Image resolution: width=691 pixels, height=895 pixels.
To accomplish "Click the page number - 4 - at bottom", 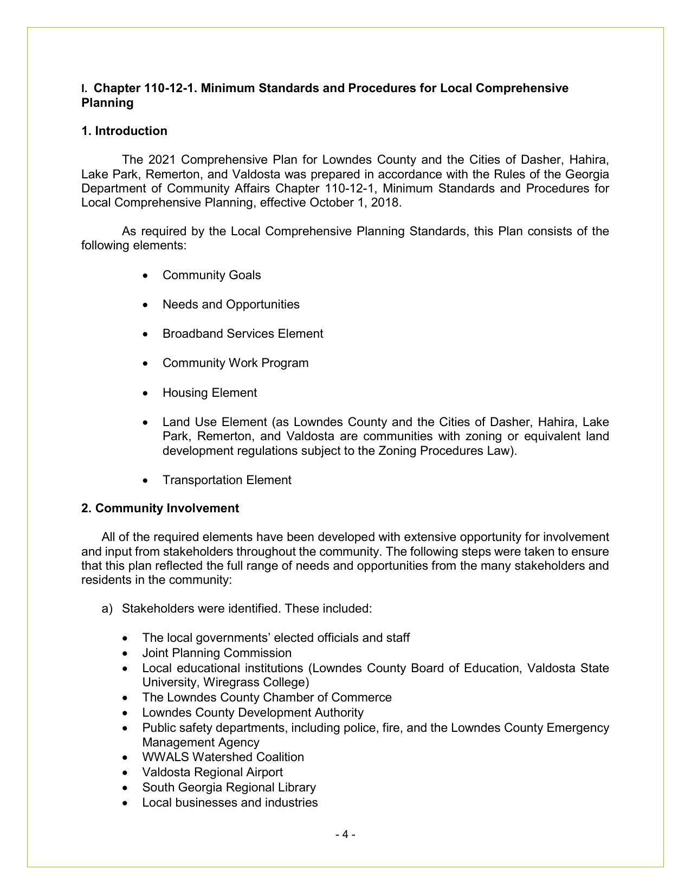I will click(x=345, y=834).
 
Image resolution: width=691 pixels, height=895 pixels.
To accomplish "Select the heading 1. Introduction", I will click(x=124, y=131).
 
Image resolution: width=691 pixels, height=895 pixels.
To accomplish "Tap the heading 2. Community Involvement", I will click(x=160, y=508).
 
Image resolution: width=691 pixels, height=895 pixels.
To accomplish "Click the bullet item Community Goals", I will click(x=211, y=275).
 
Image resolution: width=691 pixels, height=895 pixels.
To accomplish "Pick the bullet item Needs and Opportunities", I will click(x=231, y=305).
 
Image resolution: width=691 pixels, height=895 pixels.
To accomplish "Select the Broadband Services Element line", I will click(x=243, y=334).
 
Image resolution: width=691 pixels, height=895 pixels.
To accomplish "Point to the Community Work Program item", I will click(x=235, y=363).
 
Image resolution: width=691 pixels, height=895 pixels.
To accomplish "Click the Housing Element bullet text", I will click(x=209, y=393).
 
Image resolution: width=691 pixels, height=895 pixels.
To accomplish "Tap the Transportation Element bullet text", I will click(x=227, y=480).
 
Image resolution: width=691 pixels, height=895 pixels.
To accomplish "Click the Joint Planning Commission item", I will click(x=217, y=653).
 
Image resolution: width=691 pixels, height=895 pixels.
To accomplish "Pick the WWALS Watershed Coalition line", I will click(x=223, y=757).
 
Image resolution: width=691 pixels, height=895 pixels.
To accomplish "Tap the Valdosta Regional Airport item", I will click(x=212, y=772).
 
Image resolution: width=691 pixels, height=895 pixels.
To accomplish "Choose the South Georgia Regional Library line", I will click(x=229, y=788).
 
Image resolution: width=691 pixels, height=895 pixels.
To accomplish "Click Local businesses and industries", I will click(x=230, y=803).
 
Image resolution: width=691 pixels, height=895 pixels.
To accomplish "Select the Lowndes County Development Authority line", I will click(x=253, y=713).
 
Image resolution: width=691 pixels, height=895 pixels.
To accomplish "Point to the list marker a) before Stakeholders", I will click(x=107, y=609).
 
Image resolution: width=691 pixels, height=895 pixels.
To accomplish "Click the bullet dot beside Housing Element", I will click(x=145, y=394).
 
